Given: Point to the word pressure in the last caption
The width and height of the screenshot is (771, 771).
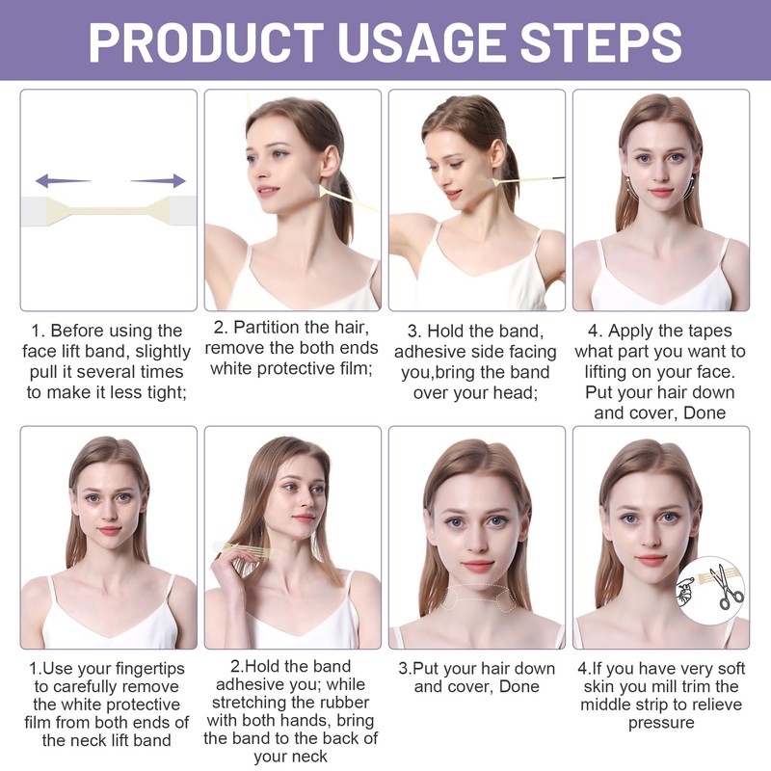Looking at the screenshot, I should click(661, 723).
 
